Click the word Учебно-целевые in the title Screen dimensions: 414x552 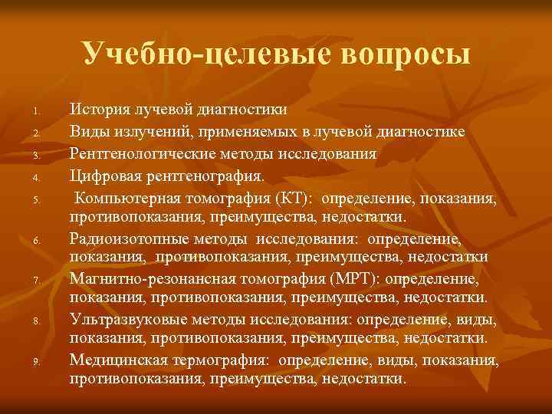click(196, 54)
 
